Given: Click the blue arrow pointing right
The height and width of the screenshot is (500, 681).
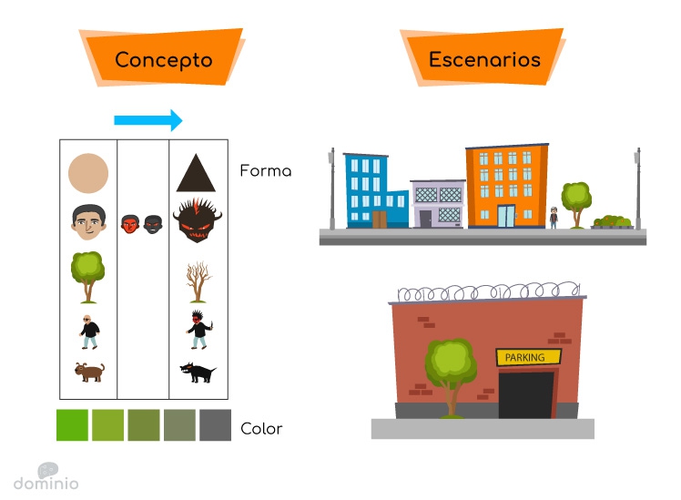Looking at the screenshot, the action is pyautogui.click(x=148, y=120).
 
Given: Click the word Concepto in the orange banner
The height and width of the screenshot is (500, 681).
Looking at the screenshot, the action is pyautogui.click(x=164, y=60).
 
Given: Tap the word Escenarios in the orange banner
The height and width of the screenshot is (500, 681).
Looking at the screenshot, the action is pyautogui.click(x=484, y=59).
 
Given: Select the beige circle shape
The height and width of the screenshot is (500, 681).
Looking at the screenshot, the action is pyautogui.click(x=88, y=173).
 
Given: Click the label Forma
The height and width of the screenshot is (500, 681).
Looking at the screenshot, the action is pyautogui.click(x=265, y=170).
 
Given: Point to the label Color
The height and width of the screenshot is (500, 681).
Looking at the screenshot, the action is pyautogui.click(x=261, y=429).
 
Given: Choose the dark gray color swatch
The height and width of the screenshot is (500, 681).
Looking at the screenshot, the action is pyautogui.click(x=216, y=424).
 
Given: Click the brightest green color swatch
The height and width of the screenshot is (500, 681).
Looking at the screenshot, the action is pyautogui.click(x=72, y=424).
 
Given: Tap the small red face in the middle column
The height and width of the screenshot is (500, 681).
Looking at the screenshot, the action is pyautogui.click(x=130, y=224).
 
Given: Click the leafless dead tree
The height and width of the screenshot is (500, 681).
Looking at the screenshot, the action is pyautogui.click(x=198, y=282).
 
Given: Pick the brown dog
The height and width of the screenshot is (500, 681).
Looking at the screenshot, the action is pyautogui.click(x=89, y=372).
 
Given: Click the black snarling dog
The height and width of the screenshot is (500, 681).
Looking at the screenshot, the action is pyautogui.click(x=198, y=372).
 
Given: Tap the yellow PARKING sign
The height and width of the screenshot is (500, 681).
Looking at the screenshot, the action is pyautogui.click(x=529, y=357).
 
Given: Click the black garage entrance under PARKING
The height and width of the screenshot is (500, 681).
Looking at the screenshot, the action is pyautogui.click(x=526, y=395).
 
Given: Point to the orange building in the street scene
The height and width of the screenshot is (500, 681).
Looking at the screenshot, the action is pyautogui.click(x=507, y=186).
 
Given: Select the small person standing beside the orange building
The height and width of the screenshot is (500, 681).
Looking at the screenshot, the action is pyautogui.click(x=554, y=218).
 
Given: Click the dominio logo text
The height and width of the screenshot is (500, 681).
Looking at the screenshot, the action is pyautogui.click(x=46, y=483).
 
